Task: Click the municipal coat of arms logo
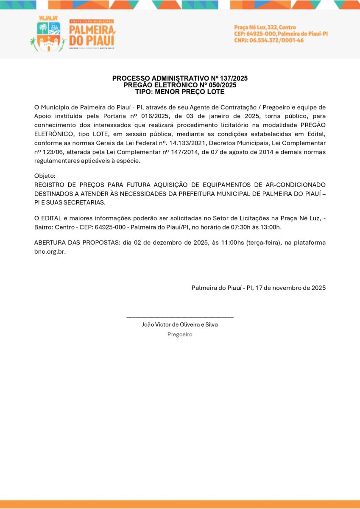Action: [48, 36]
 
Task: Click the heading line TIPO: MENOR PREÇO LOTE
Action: [180, 92]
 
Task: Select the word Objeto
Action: [45, 176]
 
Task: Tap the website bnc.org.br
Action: [50, 251]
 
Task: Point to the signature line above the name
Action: [180, 317]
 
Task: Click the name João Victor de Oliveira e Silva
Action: [180, 324]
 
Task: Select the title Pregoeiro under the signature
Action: [180, 334]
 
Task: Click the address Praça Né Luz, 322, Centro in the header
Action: [265, 28]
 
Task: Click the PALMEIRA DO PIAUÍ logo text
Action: [92, 35]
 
